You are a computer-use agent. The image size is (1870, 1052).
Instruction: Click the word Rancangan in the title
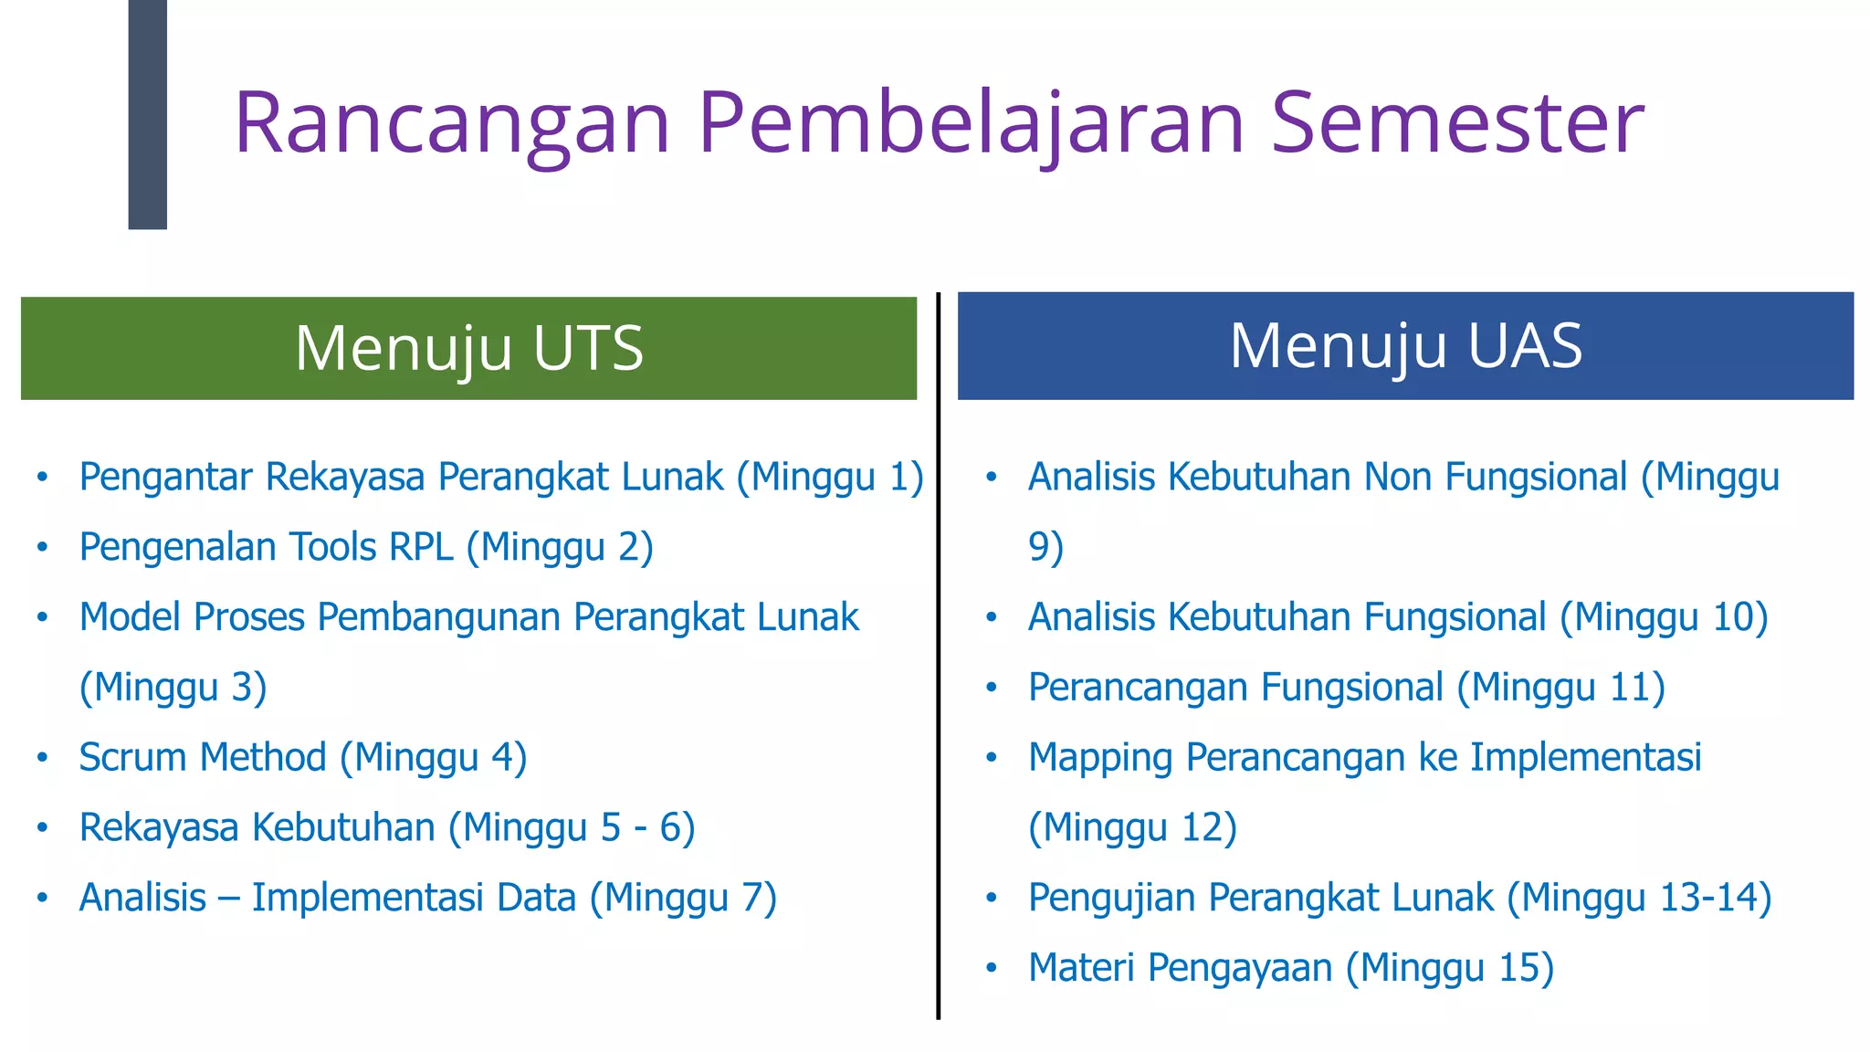(x=452, y=123)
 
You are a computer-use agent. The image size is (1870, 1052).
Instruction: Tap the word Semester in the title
(x=1457, y=123)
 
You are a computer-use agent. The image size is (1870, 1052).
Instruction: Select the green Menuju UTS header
(x=468, y=348)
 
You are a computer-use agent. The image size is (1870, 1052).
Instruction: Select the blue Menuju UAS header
(x=1405, y=346)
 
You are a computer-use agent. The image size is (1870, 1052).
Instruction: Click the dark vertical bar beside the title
(x=147, y=114)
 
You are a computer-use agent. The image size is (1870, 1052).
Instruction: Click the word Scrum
(x=136, y=757)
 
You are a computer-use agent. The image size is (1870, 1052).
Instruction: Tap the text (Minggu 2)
(x=560, y=547)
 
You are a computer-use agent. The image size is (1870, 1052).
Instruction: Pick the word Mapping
(x=1099, y=758)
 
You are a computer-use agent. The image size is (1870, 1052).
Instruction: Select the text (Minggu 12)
(x=1132, y=827)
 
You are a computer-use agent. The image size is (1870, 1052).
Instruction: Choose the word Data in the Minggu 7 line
(x=536, y=898)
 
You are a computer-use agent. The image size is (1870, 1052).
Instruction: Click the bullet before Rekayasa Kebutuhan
(x=42, y=828)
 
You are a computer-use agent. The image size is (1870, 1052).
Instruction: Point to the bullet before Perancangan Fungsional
(x=992, y=688)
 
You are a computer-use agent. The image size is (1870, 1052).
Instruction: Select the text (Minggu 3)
(x=173, y=688)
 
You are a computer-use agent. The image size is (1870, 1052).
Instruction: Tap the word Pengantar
(x=165, y=478)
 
